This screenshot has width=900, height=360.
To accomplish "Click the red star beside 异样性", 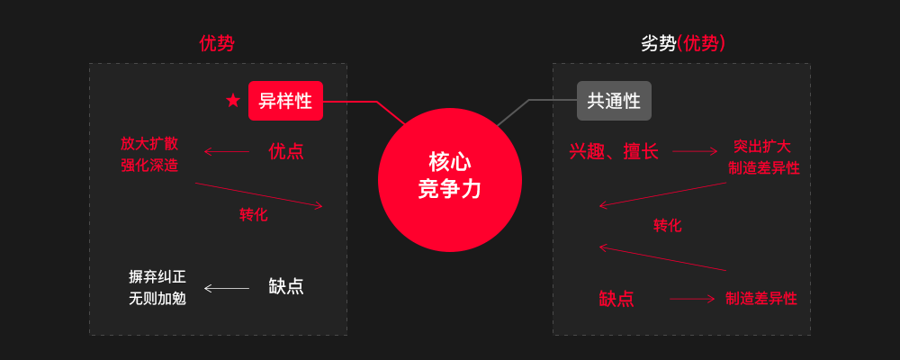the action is pyautogui.click(x=233, y=100).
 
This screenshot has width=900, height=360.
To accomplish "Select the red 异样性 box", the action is pyautogui.click(x=285, y=101).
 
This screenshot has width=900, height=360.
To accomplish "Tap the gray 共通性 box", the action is pyautogui.click(x=614, y=101).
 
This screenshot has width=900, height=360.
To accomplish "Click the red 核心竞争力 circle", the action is pyautogui.click(x=450, y=179).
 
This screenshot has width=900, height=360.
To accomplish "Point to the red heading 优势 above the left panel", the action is pyautogui.click(x=217, y=43).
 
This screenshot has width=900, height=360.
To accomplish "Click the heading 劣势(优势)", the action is pyautogui.click(x=683, y=43).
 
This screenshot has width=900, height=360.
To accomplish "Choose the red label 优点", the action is pyautogui.click(x=286, y=151).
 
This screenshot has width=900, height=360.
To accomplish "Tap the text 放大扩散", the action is pyautogui.click(x=149, y=143).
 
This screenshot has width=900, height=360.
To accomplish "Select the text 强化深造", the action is pyautogui.click(x=149, y=166).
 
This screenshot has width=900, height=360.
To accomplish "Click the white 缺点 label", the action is pyautogui.click(x=286, y=286).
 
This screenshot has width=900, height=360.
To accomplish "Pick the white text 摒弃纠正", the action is pyautogui.click(x=157, y=276).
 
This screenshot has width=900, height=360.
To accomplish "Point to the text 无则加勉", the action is pyautogui.click(x=157, y=298).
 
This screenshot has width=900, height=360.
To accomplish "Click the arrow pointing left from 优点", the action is pyautogui.click(x=226, y=151).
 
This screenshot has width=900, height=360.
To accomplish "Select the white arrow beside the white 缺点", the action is pyautogui.click(x=226, y=288).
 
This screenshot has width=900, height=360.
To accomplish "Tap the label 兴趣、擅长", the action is pyautogui.click(x=614, y=151).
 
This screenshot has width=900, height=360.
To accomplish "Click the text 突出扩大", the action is pyautogui.click(x=761, y=146).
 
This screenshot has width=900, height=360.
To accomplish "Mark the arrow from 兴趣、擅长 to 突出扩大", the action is pyautogui.click(x=695, y=151).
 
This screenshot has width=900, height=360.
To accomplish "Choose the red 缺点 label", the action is pyautogui.click(x=616, y=299).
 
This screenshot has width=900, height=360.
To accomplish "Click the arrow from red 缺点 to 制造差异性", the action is pyautogui.click(x=691, y=299).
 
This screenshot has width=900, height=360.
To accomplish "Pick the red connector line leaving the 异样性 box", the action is pyautogui.click(x=351, y=102).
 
